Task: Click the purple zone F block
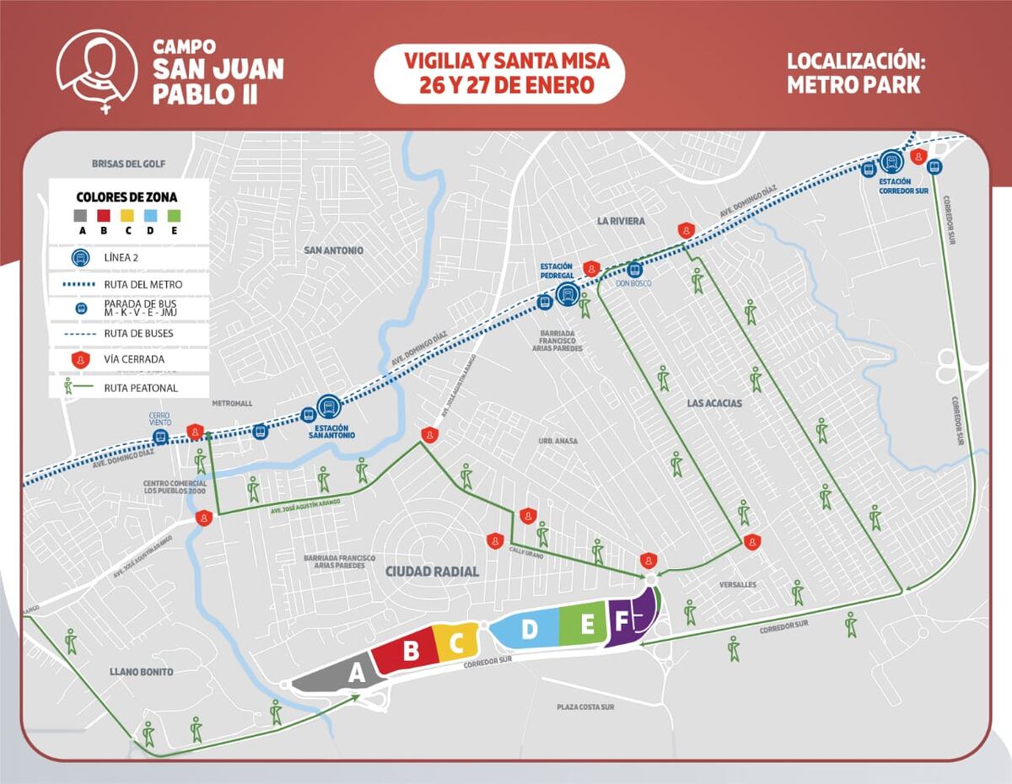[x=629, y=620]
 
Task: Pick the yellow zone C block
[x=456, y=643]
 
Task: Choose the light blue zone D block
[x=526, y=629]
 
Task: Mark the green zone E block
[x=585, y=624]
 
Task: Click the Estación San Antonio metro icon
[x=328, y=407]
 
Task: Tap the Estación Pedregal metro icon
[x=567, y=293]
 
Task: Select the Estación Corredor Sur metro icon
[x=891, y=161]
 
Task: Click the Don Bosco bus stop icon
[x=634, y=270]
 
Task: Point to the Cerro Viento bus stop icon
[x=159, y=436]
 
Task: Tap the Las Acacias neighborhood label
[x=714, y=403]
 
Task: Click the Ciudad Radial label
[x=432, y=572]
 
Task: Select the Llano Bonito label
[x=141, y=672]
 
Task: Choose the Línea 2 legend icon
[x=81, y=259]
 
